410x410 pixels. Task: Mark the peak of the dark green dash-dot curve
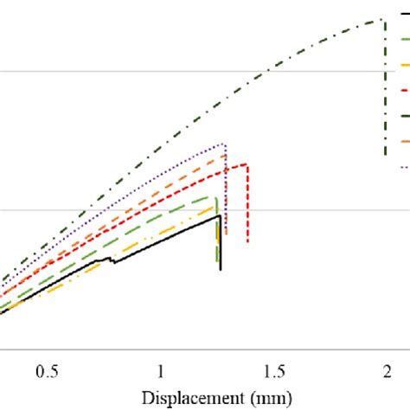(381, 20)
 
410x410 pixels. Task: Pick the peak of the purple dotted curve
(223, 144)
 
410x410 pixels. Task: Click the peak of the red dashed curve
(246, 164)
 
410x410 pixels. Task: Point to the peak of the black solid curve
(220, 216)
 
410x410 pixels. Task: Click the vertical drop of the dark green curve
(386, 86)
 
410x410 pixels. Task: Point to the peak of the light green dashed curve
(214, 198)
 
